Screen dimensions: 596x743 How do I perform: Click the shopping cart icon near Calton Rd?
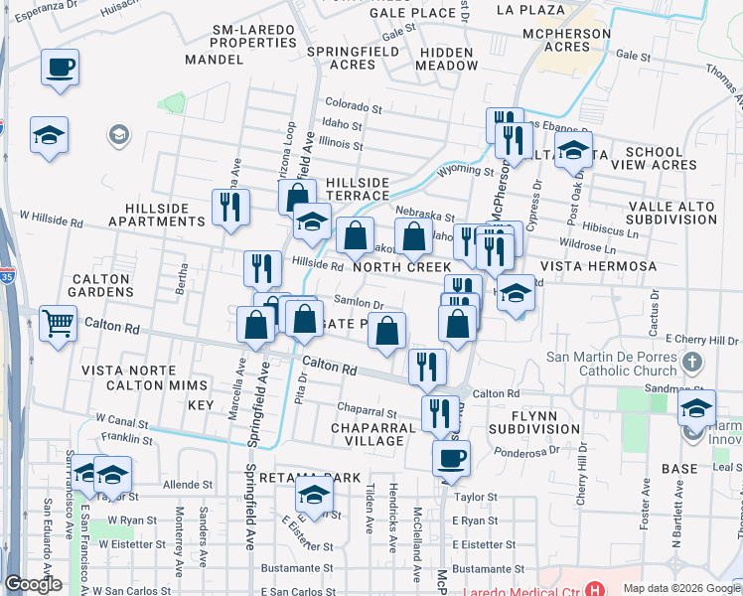click(59, 322)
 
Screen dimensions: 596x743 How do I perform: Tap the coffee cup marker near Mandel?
click(60, 69)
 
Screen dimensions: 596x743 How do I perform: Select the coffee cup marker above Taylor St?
click(451, 458)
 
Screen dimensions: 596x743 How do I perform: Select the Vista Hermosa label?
click(598, 267)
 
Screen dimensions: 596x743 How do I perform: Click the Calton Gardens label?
click(101, 285)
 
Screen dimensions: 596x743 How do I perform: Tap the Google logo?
click(33, 584)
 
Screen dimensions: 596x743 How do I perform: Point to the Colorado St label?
click(353, 104)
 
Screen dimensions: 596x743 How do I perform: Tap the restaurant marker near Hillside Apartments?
click(230, 208)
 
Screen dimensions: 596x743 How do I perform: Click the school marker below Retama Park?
click(315, 494)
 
